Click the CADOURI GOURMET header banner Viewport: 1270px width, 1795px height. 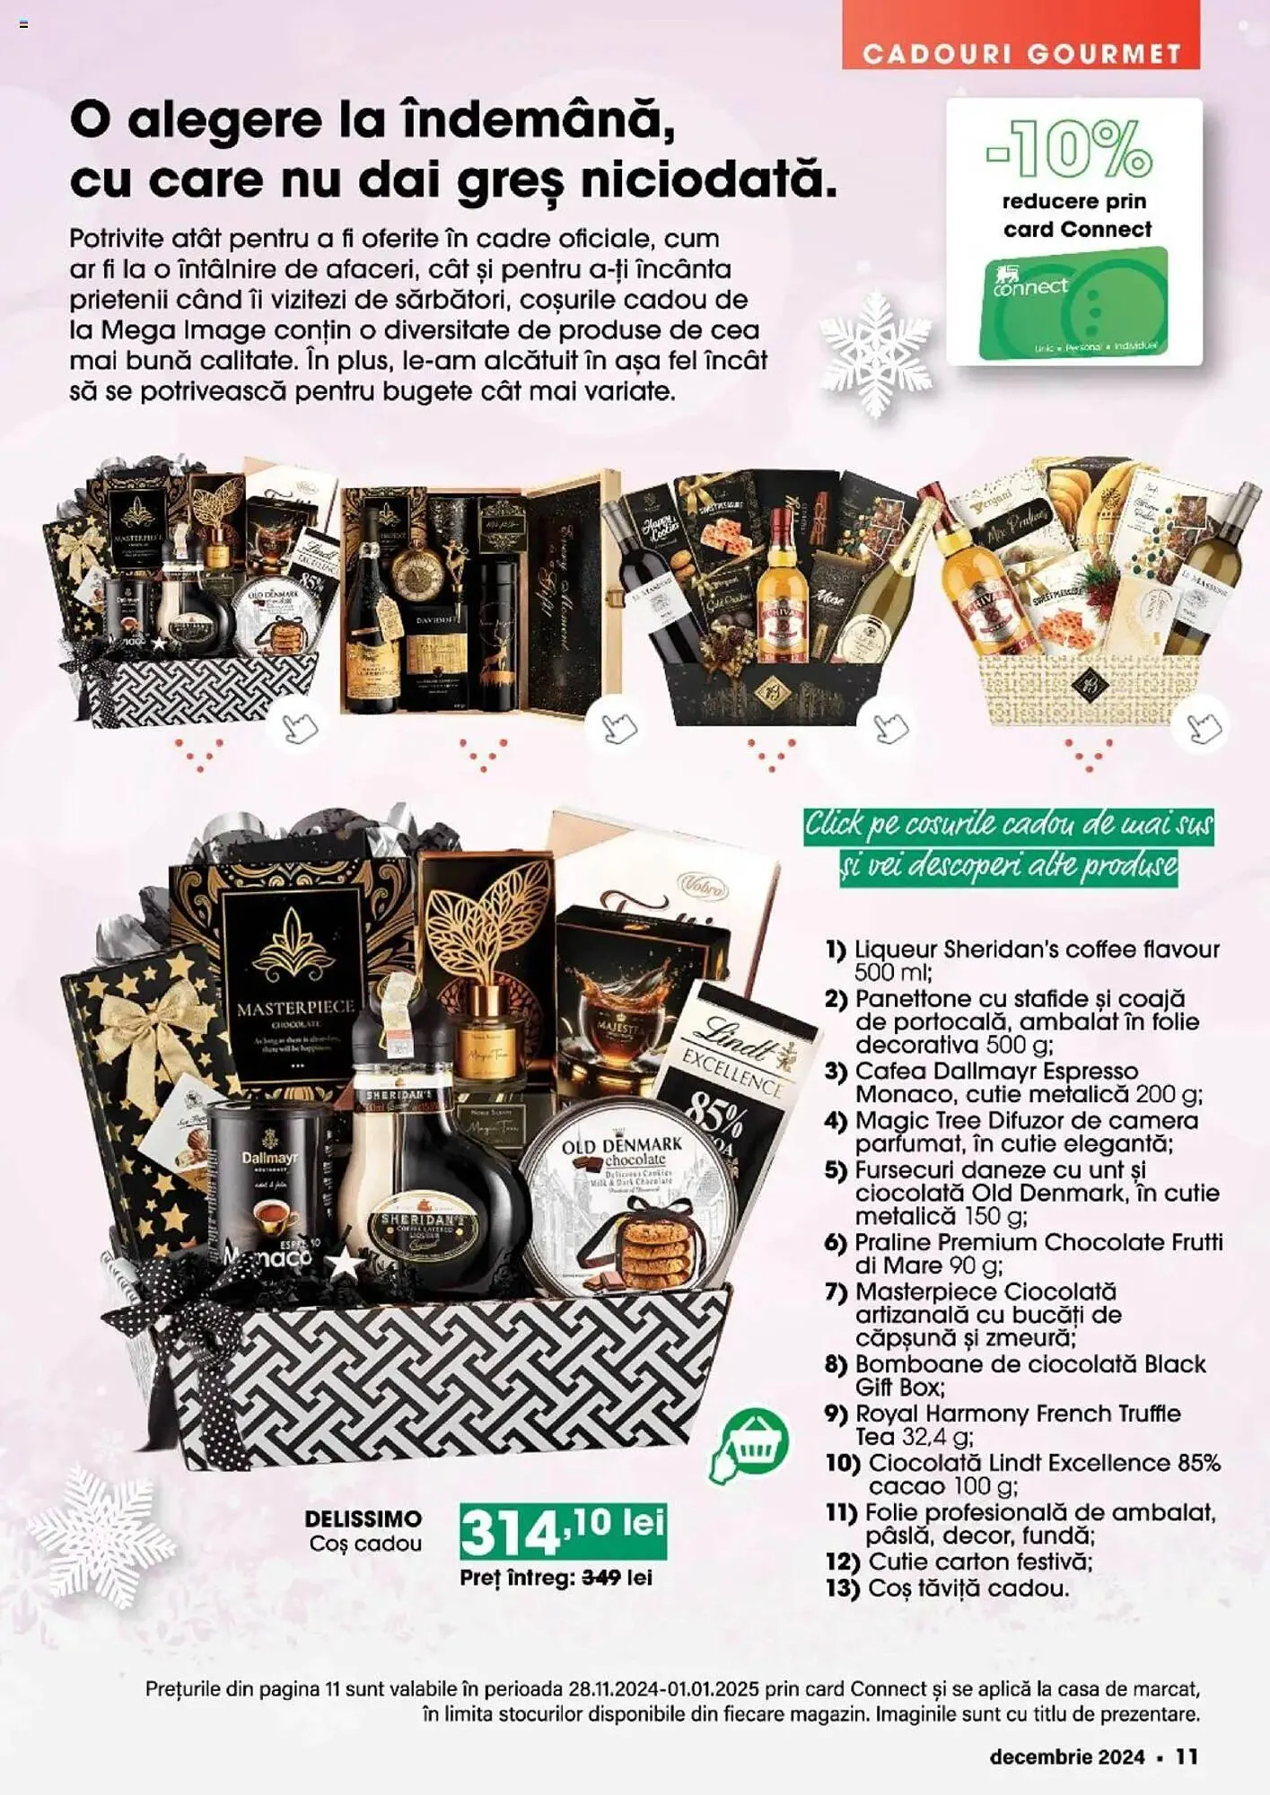(x=1020, y=54)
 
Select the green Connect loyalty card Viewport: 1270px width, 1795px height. (x=1075, y=303)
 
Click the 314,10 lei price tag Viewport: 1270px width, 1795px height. (x=563, y=1531)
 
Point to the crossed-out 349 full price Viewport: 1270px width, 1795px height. (x=601, y=1577)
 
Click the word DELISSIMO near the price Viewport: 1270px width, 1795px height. (x=363, y=1519)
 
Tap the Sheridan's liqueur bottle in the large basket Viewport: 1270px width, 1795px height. (x=431, y=1176)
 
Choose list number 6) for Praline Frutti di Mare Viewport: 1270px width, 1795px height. (x=836, y=1243)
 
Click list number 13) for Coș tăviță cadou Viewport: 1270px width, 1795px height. (x=842, y=1588)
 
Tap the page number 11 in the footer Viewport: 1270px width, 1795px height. (x=1187, y=1756)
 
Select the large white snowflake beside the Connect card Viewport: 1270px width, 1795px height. (x=875, y=353)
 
